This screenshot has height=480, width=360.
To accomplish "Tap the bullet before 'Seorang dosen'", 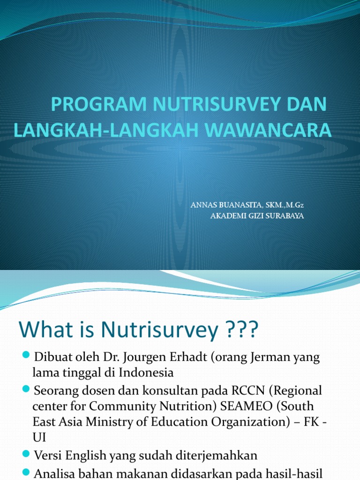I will [x=27, y=390].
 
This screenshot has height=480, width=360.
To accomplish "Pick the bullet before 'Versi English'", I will [x=27, y=454].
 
